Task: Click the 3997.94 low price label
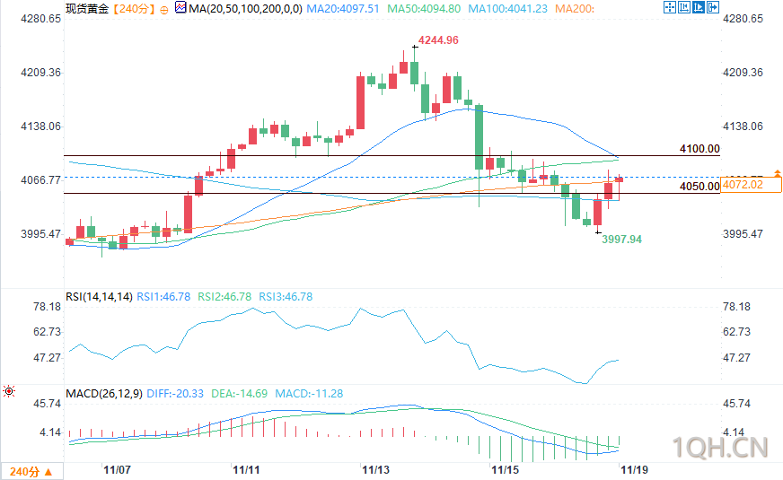[621, 240]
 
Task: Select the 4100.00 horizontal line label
[699, 149]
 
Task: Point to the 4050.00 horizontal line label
[699, 187]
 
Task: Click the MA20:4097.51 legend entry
[343, 8]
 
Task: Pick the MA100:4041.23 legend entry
[509, 8]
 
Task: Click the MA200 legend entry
[575, 8]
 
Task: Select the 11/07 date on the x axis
[118, 469]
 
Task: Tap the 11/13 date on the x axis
[375, 469]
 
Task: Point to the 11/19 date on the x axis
[634, 469]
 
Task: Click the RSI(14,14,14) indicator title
[99, 296]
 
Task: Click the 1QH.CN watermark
[721, 446]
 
